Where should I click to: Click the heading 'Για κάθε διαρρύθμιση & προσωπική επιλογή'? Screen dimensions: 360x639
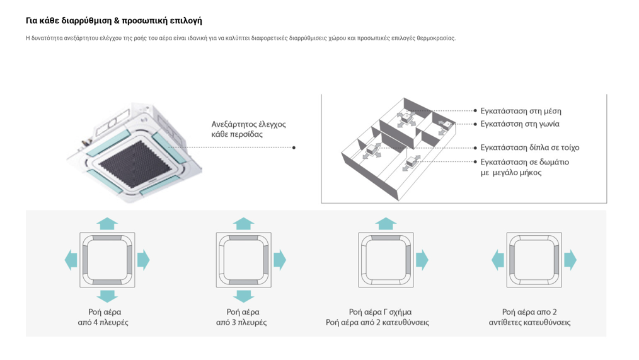click(113, 21)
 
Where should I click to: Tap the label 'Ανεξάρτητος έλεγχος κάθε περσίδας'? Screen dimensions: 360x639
click(248, 129)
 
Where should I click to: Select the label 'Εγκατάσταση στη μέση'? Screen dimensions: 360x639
click(521, 111)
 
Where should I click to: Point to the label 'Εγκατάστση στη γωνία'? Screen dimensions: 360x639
click(519, 124)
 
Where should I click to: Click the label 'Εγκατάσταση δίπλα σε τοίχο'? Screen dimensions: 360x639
click(529, 148)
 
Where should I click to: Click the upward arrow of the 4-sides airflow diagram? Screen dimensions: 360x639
click(107, 223)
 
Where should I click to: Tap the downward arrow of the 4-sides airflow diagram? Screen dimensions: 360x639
click(107, 296)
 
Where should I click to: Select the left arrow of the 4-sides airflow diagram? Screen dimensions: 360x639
click(71, 260)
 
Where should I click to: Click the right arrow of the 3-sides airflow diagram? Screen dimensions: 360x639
click(280, 260)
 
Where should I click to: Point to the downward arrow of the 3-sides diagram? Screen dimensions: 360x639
click(244, 296)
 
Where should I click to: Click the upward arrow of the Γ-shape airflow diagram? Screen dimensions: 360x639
click(386, 223)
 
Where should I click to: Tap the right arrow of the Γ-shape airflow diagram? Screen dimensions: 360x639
click(422, 260)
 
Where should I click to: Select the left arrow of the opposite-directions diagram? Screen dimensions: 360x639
click(498, 260)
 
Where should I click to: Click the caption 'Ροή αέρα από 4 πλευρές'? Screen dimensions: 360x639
click(104, 317)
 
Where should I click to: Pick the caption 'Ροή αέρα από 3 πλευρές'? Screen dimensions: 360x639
click(242, 317)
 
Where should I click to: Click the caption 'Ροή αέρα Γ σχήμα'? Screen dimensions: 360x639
click(380, 311)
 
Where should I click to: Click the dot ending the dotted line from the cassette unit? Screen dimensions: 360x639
click(294, 148)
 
